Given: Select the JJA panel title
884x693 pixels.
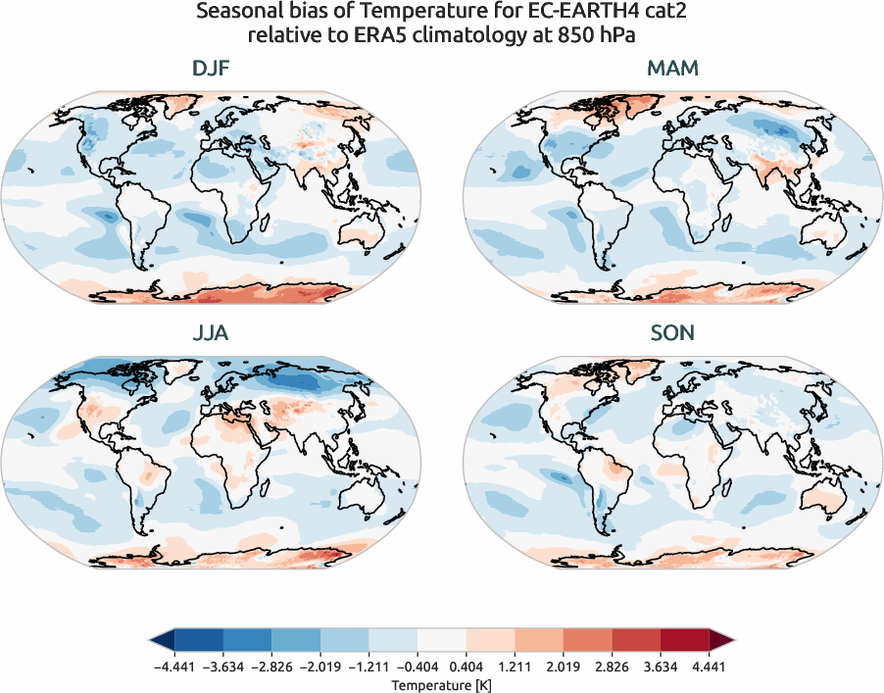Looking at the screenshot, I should pos(211,333).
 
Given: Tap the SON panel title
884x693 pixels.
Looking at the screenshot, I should pos(671,333).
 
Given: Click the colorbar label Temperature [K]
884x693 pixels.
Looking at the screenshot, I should pos(441,683).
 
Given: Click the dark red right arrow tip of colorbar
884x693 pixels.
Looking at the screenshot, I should pos(722,640).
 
